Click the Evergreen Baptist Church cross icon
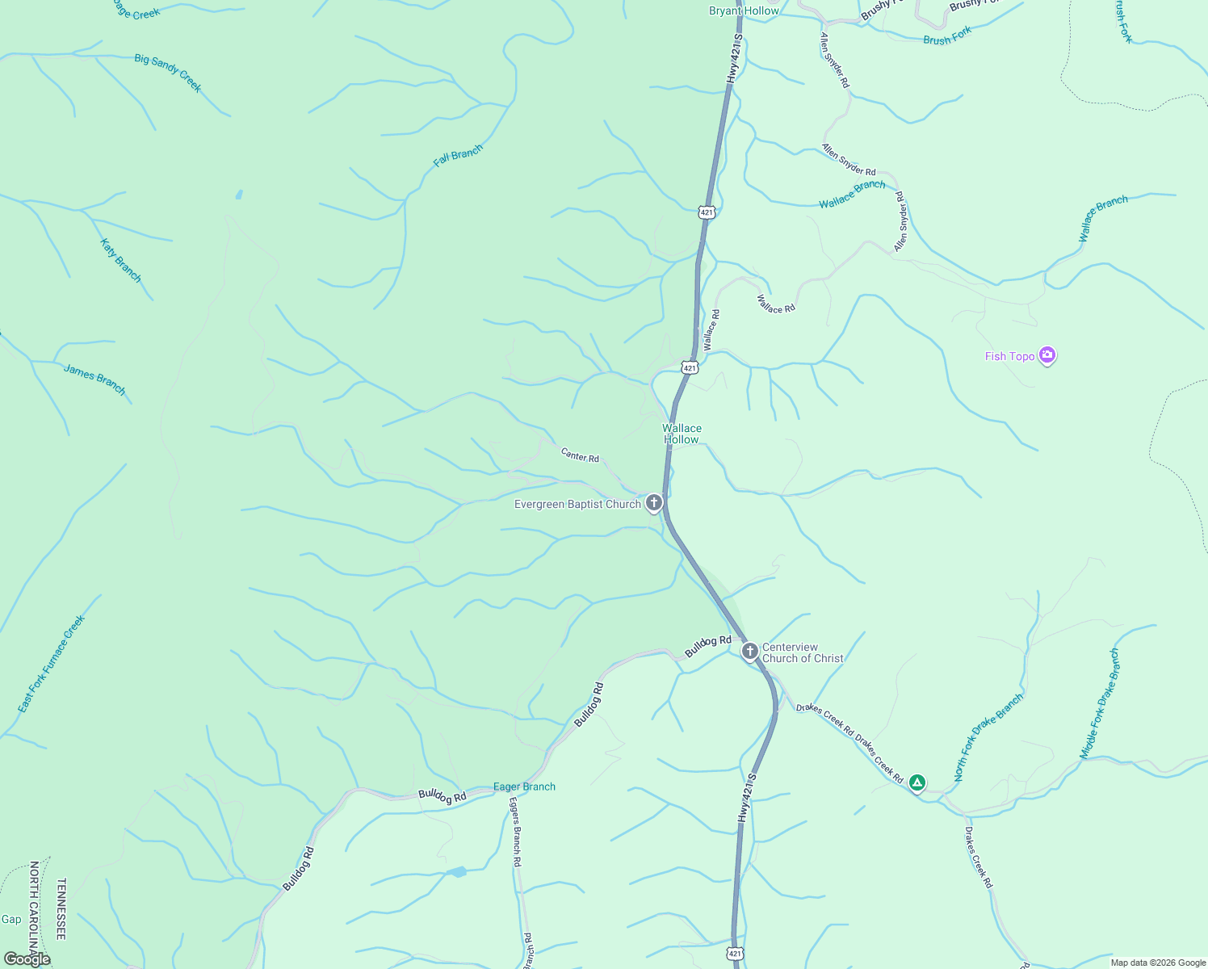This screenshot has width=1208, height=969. [x=654, y=503]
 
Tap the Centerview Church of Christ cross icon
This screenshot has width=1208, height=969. [x=749, y=651]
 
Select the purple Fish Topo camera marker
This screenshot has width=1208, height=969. [x=1047, y=355]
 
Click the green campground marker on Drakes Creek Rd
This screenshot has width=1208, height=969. [x=916, y=782]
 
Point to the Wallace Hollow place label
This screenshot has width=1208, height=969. [x=682, y=434]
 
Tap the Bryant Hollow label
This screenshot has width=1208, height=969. [x=744, y=10]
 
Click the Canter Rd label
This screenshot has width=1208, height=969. [x=580, y=456]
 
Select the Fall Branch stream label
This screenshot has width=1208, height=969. [x=458, y=156]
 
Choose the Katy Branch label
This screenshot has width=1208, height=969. [x=121, y=260]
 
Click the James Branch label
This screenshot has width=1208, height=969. [x=94, y=380]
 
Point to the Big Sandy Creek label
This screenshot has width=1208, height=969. [x=168, y=73]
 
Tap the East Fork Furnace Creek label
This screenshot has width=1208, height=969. [x=52, y=664]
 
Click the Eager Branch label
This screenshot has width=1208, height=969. [x=524, y=787]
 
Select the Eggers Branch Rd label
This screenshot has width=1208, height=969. [x=515, y=832]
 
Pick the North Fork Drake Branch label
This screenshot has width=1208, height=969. [x=988, y=737]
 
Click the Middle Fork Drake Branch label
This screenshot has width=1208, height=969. [x=1100, y=704]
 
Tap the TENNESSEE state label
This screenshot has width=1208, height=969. [x=61, y=909]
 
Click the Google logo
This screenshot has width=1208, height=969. [x=27, y=959]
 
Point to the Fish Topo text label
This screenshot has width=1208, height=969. [x=1009, y=356]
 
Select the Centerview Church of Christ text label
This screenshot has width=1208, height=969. [x=803, y=652]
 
